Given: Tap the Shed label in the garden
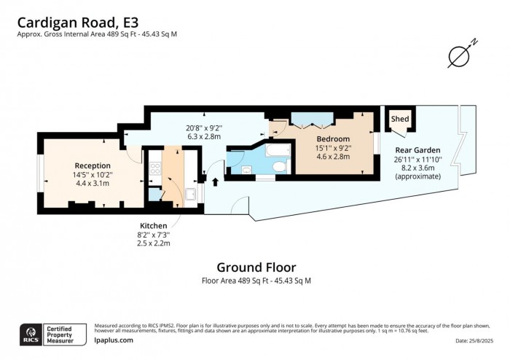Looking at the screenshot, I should click(x=400, y=119).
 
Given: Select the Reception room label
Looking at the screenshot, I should click(x=93, y=165).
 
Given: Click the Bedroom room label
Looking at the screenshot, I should click(x=332, y=138).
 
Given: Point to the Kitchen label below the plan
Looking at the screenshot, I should click(x=153, y=226).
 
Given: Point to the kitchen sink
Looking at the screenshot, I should click(x=191, y=193).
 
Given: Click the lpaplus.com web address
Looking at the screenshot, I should click(x=114, y=340).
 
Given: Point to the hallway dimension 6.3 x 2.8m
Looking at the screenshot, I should click(x=204, y=135).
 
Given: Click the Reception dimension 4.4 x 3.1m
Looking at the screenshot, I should click(x=93, y=183).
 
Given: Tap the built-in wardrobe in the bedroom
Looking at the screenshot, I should click(x=313, y=118).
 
